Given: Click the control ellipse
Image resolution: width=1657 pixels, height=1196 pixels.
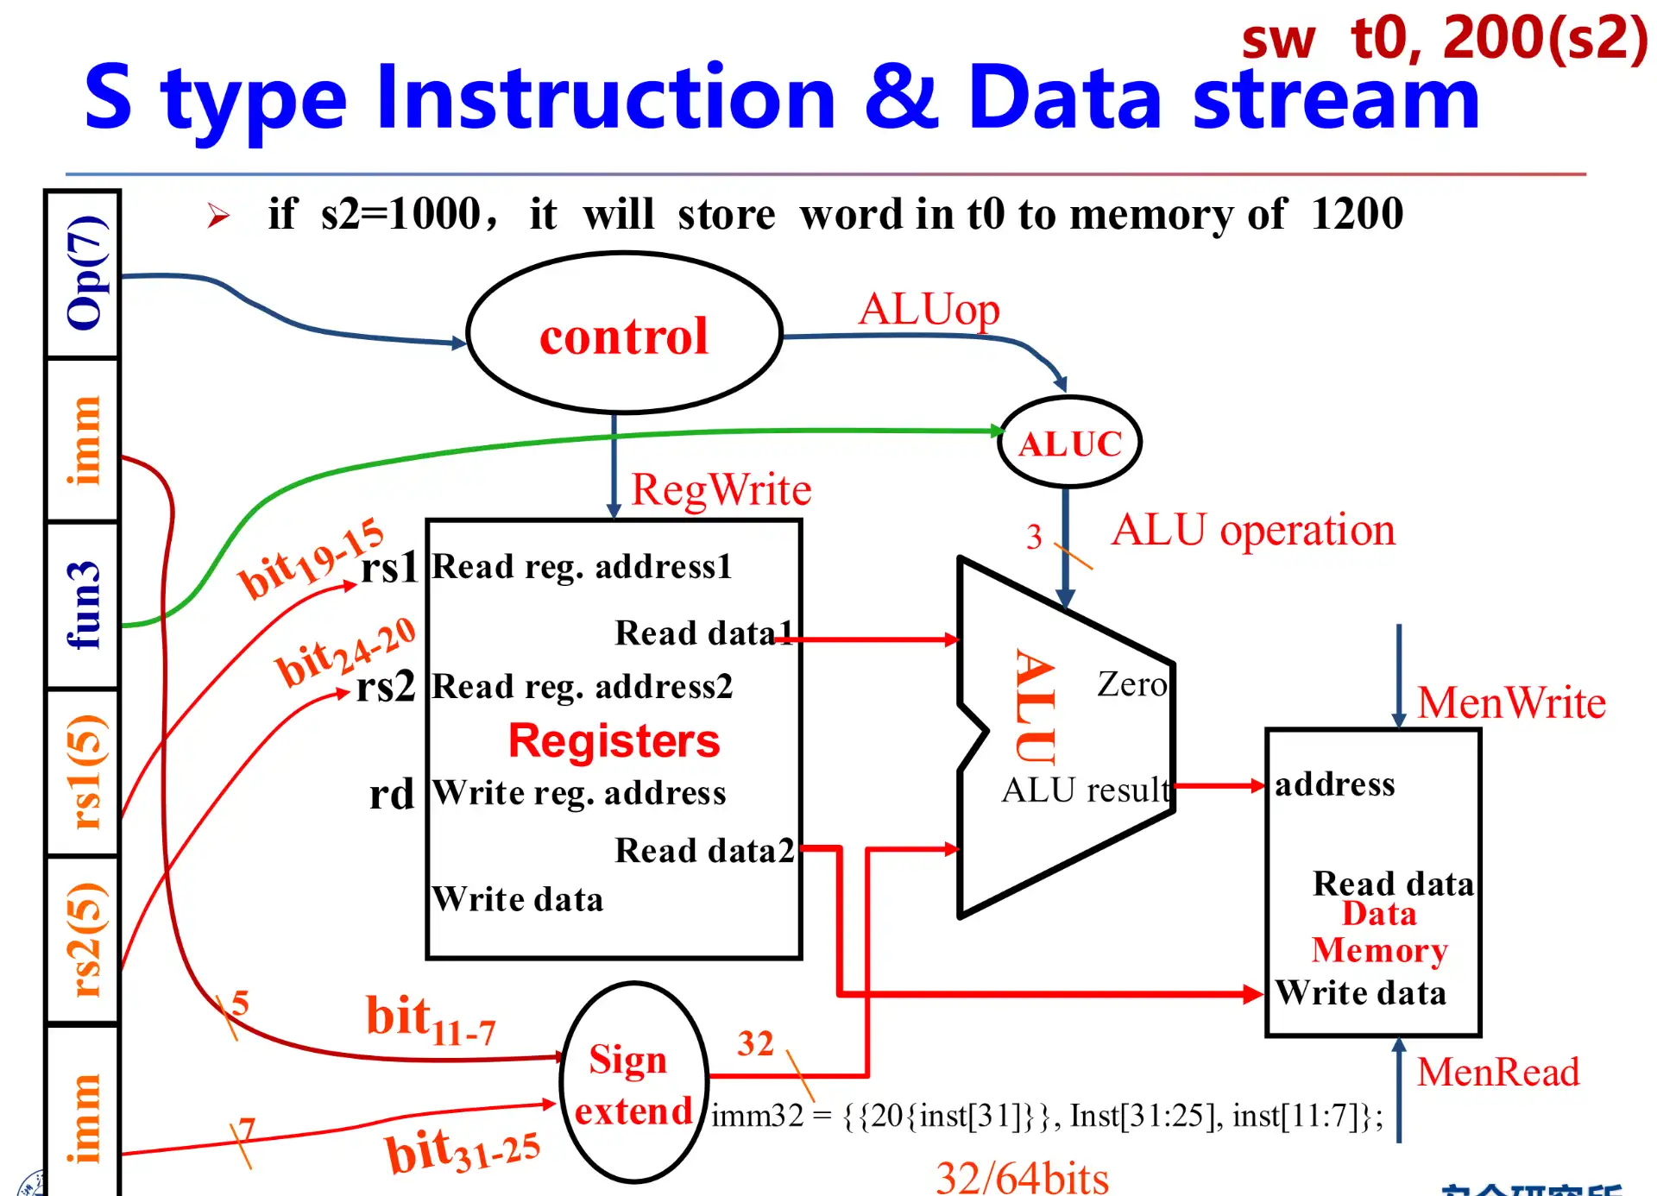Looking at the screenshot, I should (x=624, y=334).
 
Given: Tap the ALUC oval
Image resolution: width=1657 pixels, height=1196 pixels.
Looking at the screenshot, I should (x=1070, y=443).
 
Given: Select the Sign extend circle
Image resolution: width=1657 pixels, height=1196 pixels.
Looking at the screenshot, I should (x=633, y=1084).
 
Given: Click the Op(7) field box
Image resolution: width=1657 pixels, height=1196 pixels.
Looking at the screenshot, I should (x=84, y=274).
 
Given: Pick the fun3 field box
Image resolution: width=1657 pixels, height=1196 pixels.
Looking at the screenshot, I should (x=84, y=605).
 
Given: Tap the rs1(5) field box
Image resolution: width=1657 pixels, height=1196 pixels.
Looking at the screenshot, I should (x=84, y=772).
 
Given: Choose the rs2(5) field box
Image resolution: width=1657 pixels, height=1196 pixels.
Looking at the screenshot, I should (x=84, y=940).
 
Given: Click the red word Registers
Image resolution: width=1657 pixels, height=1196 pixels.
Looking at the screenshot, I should (x=614, y=740).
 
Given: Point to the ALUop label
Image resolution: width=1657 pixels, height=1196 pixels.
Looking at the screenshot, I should (x=929, y=309).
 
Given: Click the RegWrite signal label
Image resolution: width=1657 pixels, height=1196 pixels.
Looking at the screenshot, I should (x=721, y=489).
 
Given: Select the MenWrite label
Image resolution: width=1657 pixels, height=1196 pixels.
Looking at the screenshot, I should (x=1510, y=702).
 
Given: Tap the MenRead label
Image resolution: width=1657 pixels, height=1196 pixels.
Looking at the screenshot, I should (x=1497, y=1072).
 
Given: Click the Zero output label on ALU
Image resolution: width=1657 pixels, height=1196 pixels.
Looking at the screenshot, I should (x=1131, y=684).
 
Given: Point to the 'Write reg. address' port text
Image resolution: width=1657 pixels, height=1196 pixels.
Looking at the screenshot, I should (x=579, y=792).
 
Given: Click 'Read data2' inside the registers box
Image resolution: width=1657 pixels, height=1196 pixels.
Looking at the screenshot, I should (x=703, y=850).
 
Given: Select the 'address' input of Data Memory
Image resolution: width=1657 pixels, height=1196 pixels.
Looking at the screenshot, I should (x=1334, y=784).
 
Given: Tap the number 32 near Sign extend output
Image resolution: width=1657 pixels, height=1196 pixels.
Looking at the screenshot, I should (x=755, y=1043).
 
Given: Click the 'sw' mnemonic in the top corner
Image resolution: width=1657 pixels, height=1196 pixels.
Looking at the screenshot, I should (x=1278, y=41).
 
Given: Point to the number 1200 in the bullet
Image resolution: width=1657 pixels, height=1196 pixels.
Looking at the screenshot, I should (x=1357, y=213).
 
